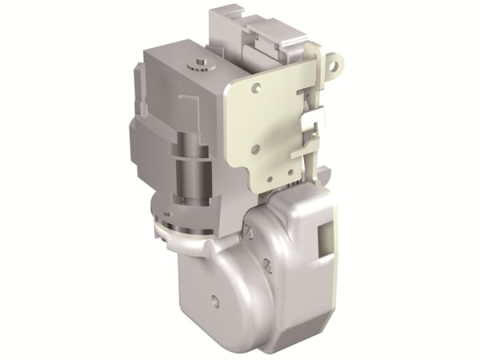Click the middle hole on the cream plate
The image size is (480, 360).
pyautogui.click(x=255, y=149)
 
